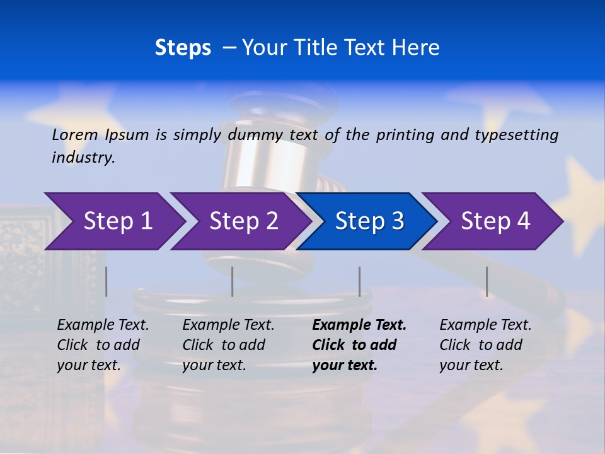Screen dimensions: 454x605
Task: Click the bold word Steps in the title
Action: pos(183,48)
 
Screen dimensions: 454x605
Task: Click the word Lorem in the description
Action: pos(75,135)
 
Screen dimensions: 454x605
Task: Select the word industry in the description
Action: pos(83,158)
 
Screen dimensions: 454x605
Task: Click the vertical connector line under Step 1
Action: pos(107,281)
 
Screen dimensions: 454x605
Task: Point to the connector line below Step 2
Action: pos(233,281)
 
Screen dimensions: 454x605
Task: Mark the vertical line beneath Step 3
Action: pos(359,281)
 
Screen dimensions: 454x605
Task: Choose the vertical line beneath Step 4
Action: pos(487,281)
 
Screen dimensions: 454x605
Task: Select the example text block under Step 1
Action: pos(103,345)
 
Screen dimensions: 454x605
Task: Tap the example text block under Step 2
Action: pos(228,345)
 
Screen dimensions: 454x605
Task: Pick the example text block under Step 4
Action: pos(485,345)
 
